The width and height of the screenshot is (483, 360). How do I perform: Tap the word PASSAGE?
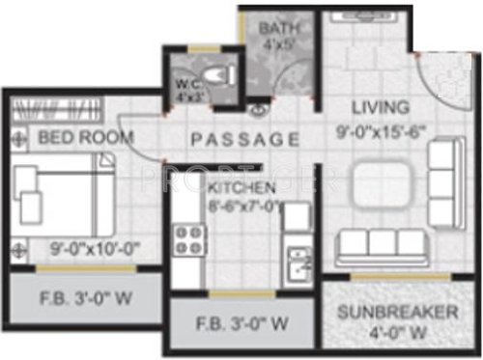[244, 139]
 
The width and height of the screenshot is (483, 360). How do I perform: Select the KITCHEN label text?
[241, 186]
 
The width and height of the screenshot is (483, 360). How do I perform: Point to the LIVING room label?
[380, 106]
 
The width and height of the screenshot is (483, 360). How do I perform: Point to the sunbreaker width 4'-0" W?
[396, 335]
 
